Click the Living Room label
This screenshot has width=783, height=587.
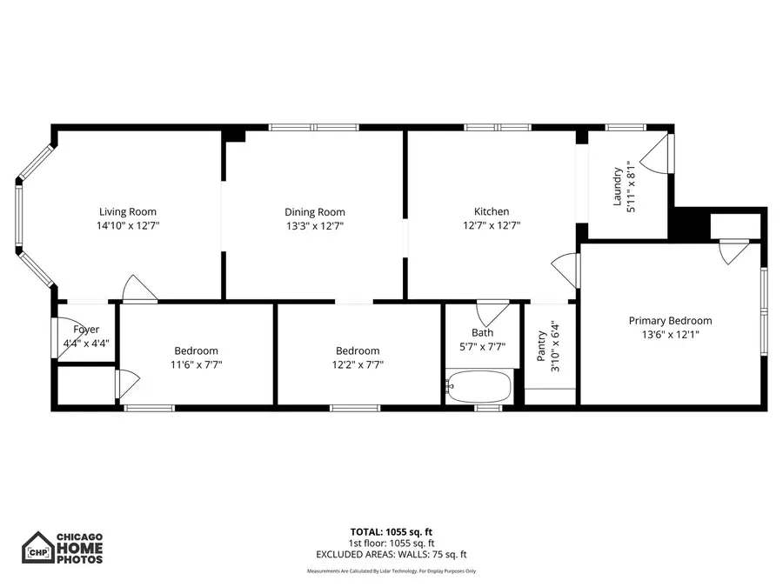point(127,211)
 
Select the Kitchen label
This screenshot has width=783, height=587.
point(491,211)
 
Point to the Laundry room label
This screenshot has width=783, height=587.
point(619,186)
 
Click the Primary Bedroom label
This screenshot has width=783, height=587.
point(670,320)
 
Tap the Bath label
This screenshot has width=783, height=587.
point(482,332)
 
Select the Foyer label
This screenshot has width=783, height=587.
point(86,330)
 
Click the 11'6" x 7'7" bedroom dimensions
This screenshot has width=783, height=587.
point(196,364)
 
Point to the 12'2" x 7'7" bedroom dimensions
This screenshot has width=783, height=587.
point(358,364)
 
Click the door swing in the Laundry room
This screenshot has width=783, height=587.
point(658,153)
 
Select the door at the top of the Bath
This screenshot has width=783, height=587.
point(493,310)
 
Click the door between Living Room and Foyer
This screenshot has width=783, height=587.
point(137,290)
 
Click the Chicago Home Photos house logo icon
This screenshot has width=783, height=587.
point(37,548)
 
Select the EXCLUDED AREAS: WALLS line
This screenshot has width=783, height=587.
point(391,553)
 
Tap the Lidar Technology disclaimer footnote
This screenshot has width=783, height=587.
point(391,571)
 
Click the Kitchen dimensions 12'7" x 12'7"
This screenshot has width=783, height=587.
point(491,225)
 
